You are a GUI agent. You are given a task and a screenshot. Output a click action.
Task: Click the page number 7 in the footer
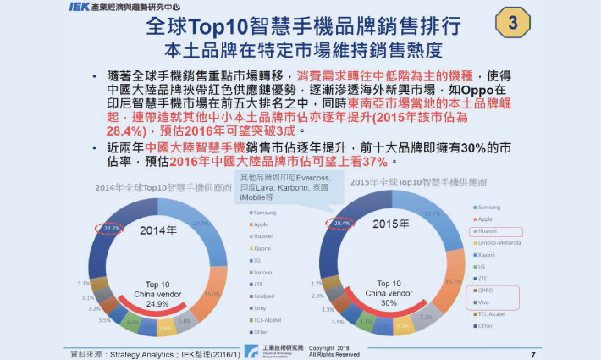point(532,353)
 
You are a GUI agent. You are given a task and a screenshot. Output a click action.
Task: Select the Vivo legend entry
point(487,302)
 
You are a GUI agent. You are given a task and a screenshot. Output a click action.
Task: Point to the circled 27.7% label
point(111,229)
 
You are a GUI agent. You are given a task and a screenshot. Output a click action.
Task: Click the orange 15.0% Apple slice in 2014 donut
point(206,292)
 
